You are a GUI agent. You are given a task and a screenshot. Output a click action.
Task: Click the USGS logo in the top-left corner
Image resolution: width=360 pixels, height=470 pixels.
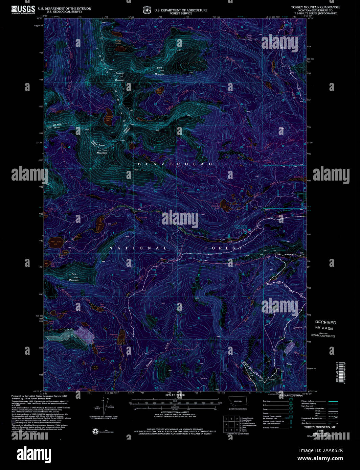tap(23, 9)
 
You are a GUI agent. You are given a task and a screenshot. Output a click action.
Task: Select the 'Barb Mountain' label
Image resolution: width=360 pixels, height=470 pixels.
tap(159, 71)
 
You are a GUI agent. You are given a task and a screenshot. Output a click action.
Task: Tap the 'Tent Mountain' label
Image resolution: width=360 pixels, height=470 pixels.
tap(73, 277)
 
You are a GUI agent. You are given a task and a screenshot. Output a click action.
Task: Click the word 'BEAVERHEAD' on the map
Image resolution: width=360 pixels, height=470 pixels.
tap(175, 164)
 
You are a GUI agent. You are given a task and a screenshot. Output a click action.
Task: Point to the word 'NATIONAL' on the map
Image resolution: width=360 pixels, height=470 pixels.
tap(138, 248)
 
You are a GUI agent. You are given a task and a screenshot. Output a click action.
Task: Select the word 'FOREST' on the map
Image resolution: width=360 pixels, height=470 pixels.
tap(224, 248)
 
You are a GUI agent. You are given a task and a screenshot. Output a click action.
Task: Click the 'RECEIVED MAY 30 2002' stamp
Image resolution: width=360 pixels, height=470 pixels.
tap(325, 325)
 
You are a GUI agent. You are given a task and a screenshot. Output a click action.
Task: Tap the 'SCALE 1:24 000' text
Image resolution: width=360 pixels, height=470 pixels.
tap(175, 395)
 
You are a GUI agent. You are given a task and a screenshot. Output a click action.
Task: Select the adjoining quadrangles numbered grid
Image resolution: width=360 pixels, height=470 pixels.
tap(231, 424)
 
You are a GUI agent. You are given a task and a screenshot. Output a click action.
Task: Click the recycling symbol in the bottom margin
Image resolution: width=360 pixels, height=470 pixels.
tap(95, 431)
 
